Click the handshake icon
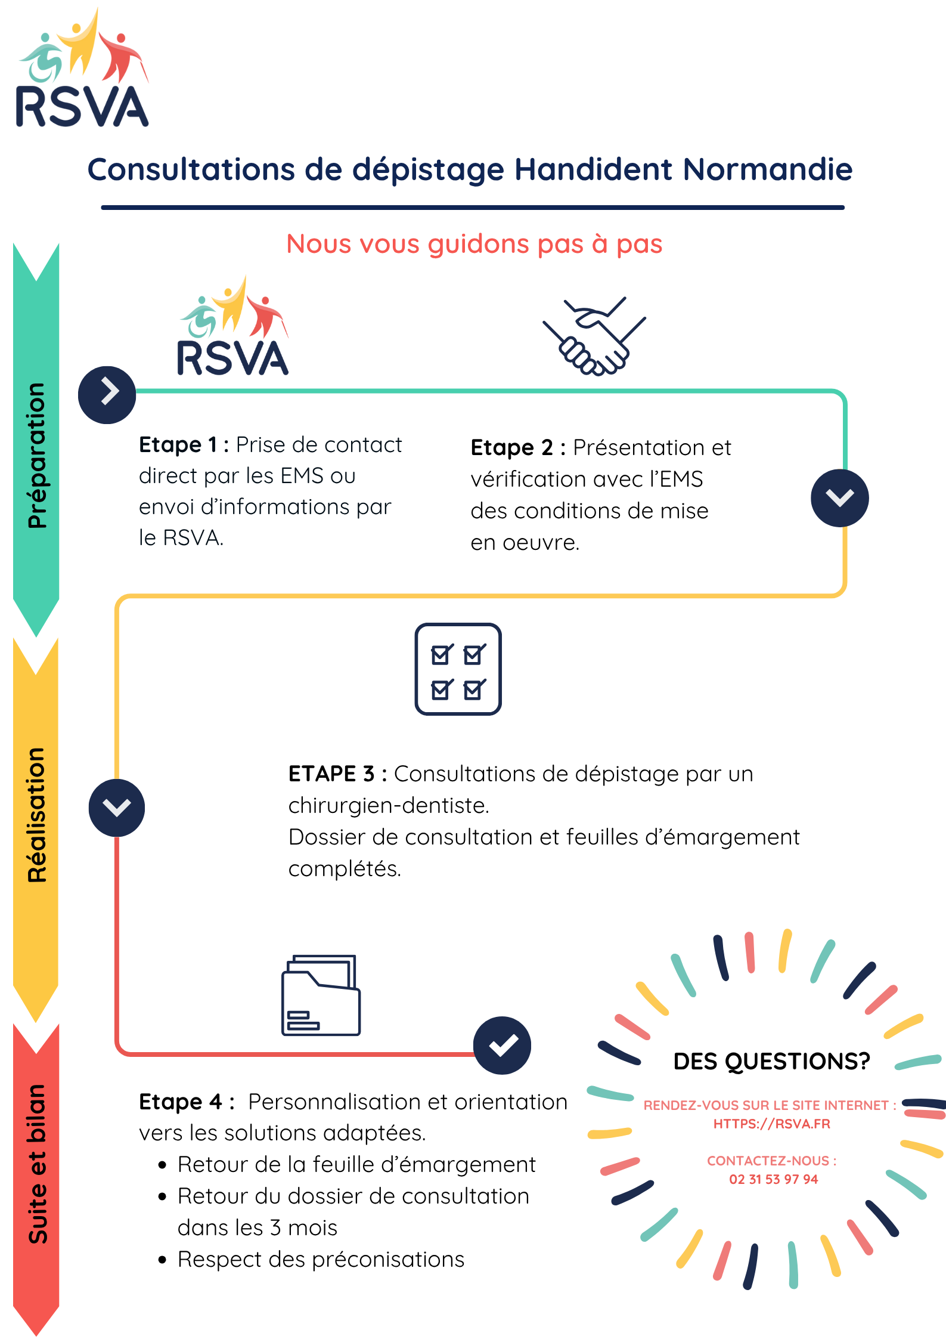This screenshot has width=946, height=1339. tap(594, 336)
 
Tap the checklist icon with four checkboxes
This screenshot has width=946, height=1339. tap(458, 669)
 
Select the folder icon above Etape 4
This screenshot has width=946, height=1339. tap(321, 995)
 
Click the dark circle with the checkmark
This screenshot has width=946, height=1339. tap(502, 1045)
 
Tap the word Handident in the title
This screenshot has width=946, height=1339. tap(594, 169)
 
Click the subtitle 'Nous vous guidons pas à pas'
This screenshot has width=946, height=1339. tap(474, 244)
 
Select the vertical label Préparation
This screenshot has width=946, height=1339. tap(36, 456)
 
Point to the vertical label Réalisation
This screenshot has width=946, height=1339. tap(36, 815)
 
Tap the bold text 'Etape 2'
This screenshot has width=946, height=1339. tap(511, 448)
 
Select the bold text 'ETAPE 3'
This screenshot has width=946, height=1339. tap(331, 774)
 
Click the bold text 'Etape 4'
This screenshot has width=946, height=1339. tap(181, 1102)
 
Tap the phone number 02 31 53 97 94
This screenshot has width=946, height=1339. tap(773, 1179)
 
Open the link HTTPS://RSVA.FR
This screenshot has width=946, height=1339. tap(771, 1124)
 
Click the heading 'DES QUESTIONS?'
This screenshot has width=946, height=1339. tap(771, 1062)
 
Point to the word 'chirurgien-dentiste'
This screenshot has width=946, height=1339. tap(389, 806)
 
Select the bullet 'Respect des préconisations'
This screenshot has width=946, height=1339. tap(321, 1259)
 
